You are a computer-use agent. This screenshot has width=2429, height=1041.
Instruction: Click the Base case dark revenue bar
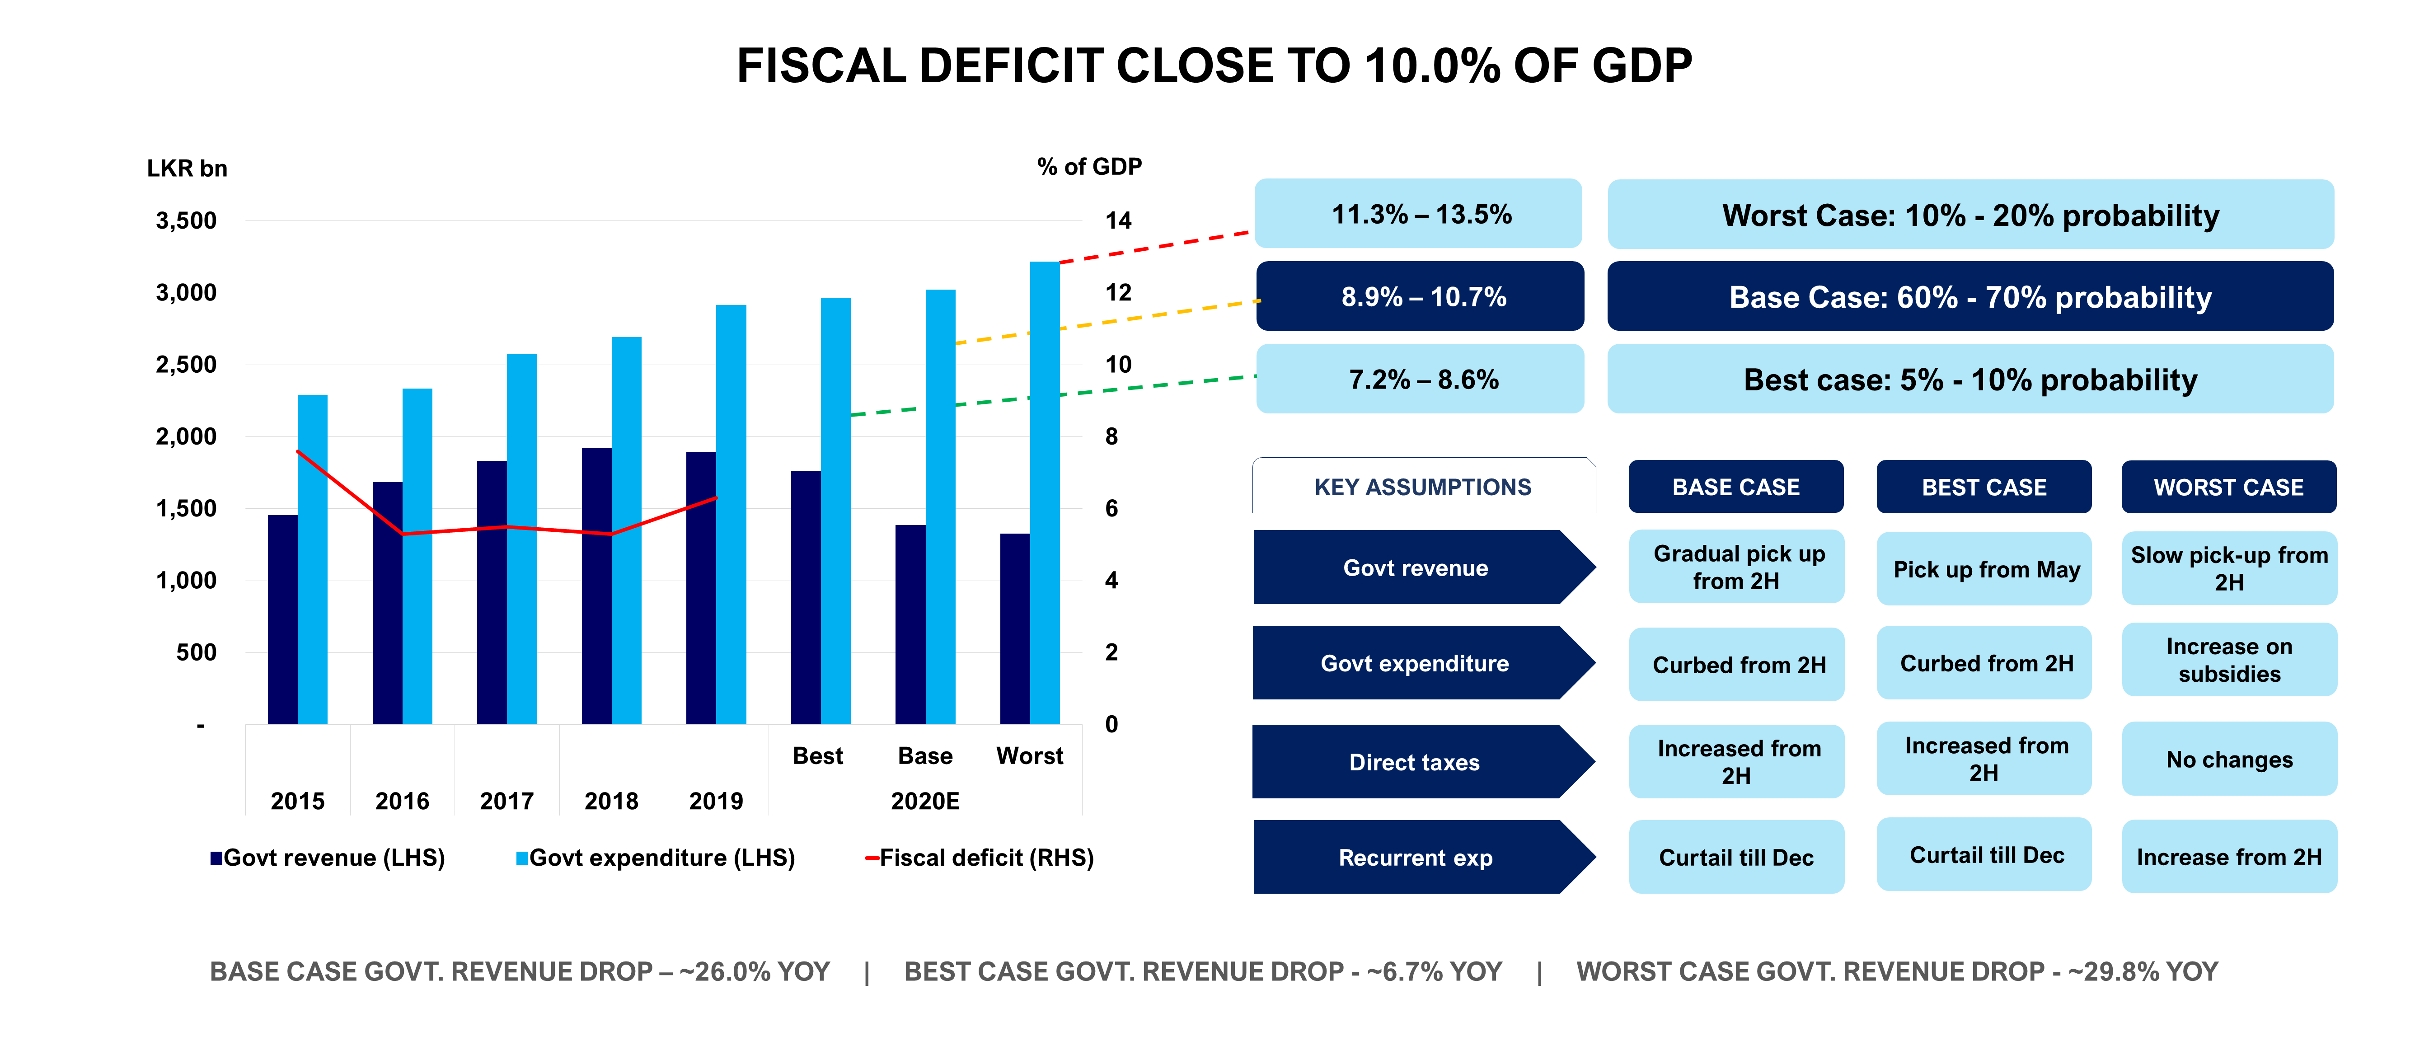click(x=910, y=624)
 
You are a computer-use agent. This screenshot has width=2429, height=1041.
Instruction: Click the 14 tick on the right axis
click(x=1118, y=220)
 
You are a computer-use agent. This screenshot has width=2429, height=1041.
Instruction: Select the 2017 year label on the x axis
click(x=506, y=801)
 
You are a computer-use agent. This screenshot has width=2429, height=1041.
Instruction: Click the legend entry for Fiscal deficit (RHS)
click(x=980, y=857)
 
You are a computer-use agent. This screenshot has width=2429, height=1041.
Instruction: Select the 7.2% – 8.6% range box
click(x=1421, y=379)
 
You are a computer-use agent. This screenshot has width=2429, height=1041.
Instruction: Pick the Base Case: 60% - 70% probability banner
click(x=1970, y=297)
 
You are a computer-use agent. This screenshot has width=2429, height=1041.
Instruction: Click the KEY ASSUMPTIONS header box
click(x=1423, y=487)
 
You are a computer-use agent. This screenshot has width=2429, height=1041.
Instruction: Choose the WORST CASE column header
click(x=2228, y=487)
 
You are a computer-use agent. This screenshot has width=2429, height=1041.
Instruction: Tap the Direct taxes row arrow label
click(x=1414, y=762)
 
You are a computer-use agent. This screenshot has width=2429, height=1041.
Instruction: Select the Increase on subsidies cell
click(x=2228, y=660)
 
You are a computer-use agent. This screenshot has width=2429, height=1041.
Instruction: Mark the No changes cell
click(x=2228, y=759)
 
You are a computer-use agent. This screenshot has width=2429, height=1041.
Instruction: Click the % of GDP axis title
click(x=1089, y=167)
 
